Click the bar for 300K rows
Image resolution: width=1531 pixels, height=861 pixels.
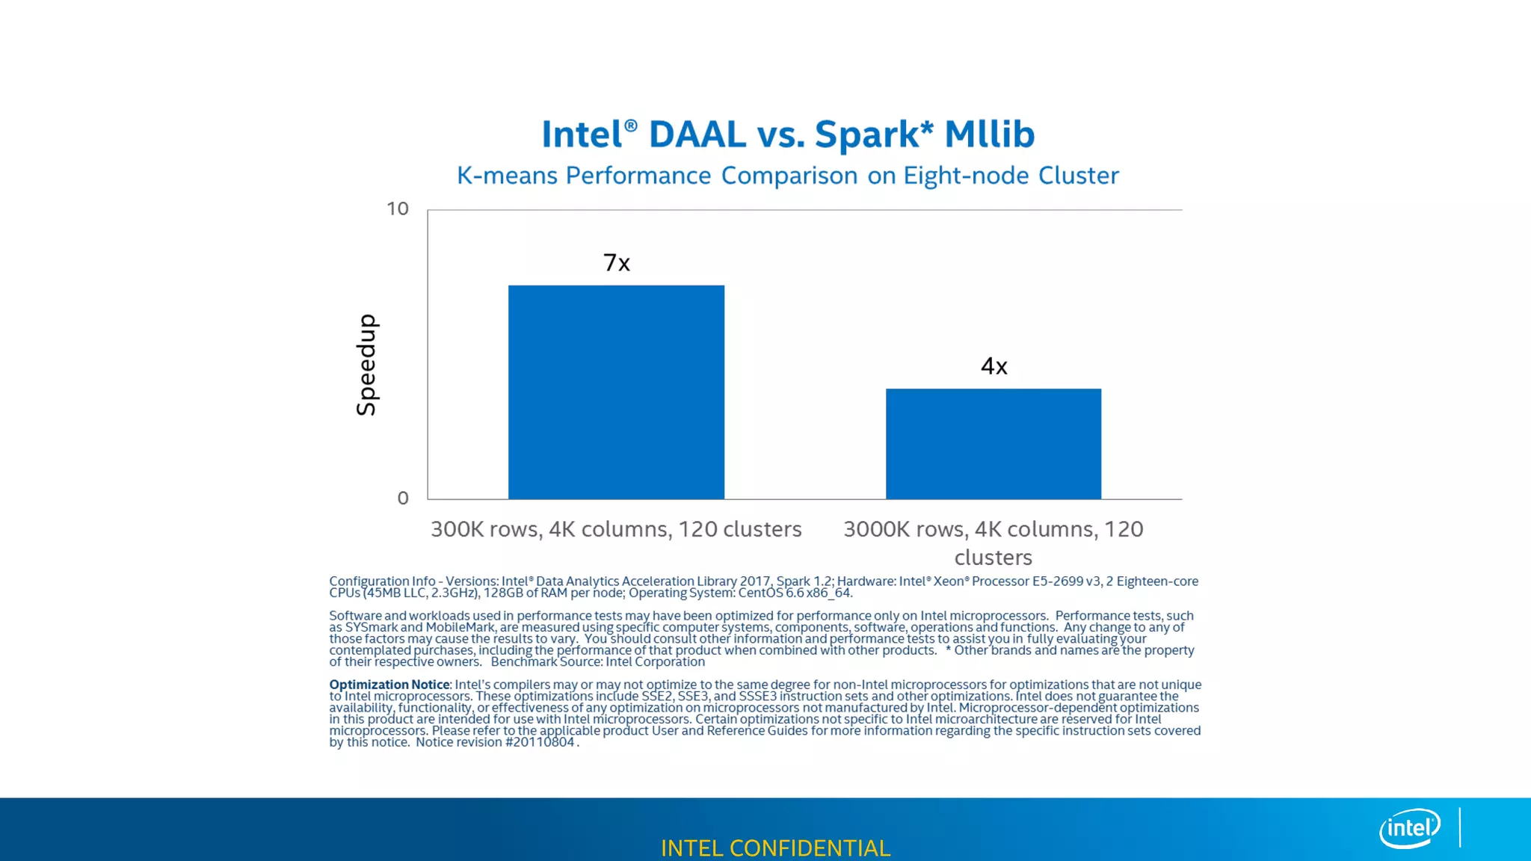616,392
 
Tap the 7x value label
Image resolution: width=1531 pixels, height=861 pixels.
617,263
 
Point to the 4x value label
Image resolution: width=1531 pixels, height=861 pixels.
994,366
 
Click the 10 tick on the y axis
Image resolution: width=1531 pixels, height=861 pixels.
397,209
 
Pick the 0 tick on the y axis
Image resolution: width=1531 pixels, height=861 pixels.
403,499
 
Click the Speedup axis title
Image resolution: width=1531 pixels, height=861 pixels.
366,365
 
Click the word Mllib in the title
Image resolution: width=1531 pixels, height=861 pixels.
989,135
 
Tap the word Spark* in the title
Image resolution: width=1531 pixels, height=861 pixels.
874,135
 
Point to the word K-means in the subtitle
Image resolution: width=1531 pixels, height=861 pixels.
507,176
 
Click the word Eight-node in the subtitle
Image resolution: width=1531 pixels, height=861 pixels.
966,176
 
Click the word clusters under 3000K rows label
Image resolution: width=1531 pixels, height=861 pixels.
993,558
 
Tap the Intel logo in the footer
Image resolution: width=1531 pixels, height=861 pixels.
1409,828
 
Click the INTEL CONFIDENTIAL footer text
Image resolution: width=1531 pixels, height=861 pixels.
775,848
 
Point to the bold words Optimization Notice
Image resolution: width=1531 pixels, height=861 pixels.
389,685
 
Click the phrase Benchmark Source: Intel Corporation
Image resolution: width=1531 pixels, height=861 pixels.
597,662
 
